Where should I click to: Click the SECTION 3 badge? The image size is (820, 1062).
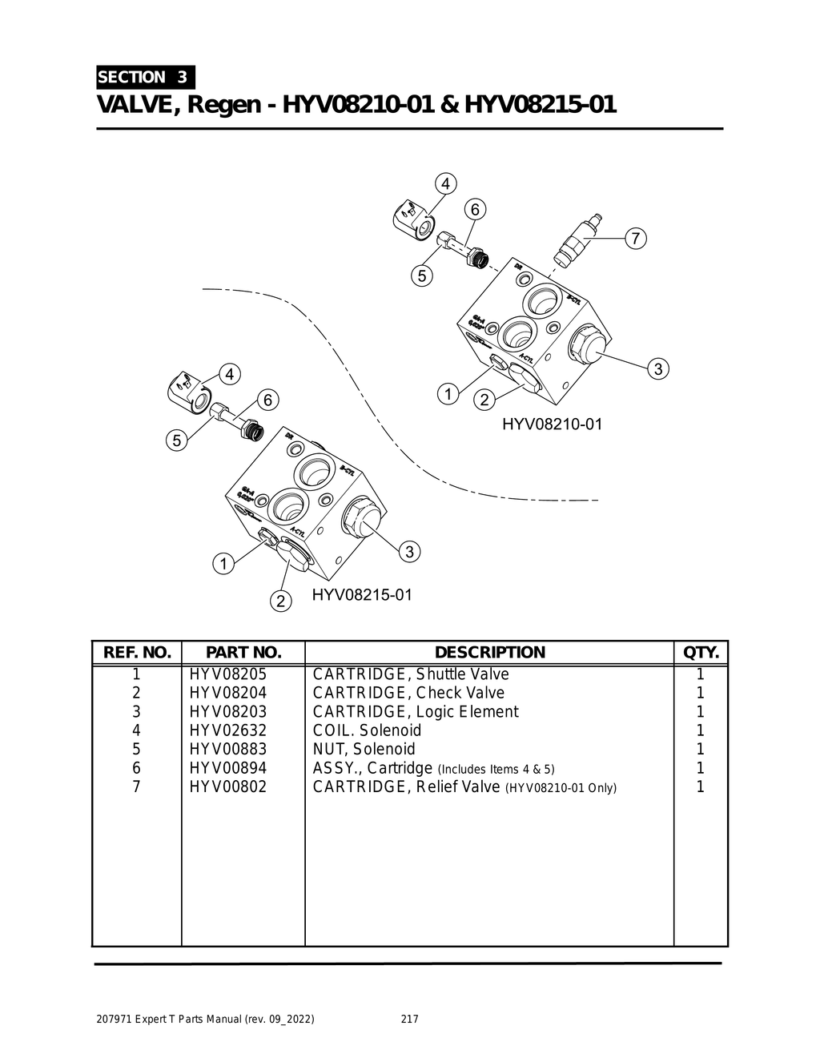coord(144,78)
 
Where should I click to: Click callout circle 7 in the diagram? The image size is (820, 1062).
coord(635,239)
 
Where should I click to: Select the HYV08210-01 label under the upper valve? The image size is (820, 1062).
coord(552,424)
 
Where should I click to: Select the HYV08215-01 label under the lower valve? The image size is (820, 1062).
coord(362,595)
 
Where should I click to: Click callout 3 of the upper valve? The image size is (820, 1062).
coord(657,369)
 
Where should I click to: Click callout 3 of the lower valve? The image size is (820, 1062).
coord(409,551)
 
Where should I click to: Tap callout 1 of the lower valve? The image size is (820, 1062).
coord(223,564)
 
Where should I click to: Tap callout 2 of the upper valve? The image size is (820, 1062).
coord(484,400)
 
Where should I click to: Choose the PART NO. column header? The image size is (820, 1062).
coord(243,653)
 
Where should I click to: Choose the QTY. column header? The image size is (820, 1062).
coord(701,653)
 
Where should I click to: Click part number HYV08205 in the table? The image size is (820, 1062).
coord(227,674)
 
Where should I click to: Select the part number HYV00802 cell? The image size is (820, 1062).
coord(227,786)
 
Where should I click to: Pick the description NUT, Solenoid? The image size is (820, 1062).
coord(364,750)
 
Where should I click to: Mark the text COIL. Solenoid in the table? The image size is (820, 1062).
coord(367,730)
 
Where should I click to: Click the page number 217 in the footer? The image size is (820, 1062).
coord(409,1020)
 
